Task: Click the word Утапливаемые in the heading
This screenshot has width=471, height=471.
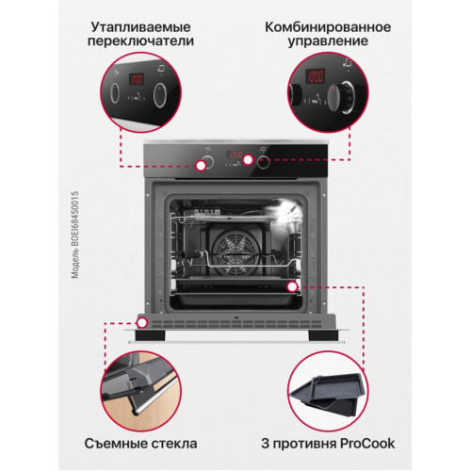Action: pos(140,27)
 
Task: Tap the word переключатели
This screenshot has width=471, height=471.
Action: pos(140,41)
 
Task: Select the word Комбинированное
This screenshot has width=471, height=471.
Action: pos(328,27)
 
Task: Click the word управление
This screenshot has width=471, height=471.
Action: pos(328,41)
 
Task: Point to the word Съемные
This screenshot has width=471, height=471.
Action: pos(116,444)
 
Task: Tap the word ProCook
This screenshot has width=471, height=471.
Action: pos(367,444)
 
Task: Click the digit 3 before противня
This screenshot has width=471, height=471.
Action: pos(266,444)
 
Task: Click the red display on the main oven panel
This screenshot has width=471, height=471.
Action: pos(235,154)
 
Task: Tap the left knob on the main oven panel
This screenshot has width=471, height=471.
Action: pos(207,162)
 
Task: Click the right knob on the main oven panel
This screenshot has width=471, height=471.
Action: pos(263,162)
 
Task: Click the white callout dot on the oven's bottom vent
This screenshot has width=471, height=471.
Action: pos(142,322)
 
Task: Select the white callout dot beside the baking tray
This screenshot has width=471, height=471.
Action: pos(292,286)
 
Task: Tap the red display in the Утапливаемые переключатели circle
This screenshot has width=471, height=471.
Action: pos(137,79)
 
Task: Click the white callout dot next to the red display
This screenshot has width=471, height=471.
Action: pos(248,160)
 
